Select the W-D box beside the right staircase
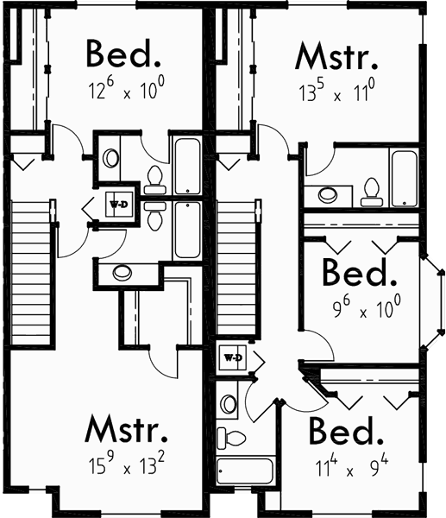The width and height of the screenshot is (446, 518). coord(231,357)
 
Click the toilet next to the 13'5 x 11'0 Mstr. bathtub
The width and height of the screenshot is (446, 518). coord(372,192)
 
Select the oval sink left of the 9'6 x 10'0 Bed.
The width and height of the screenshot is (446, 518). coord(328,195)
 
